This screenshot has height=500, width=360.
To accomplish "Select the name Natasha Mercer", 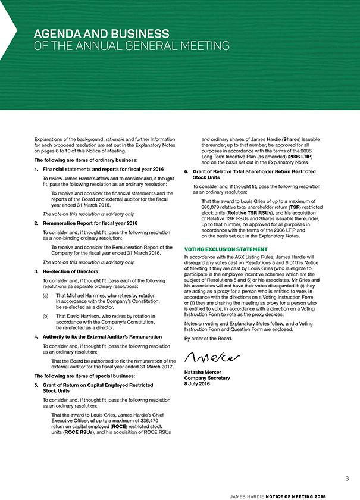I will pos(206,373).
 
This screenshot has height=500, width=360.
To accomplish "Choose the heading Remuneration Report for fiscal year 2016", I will pos(86,223).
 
